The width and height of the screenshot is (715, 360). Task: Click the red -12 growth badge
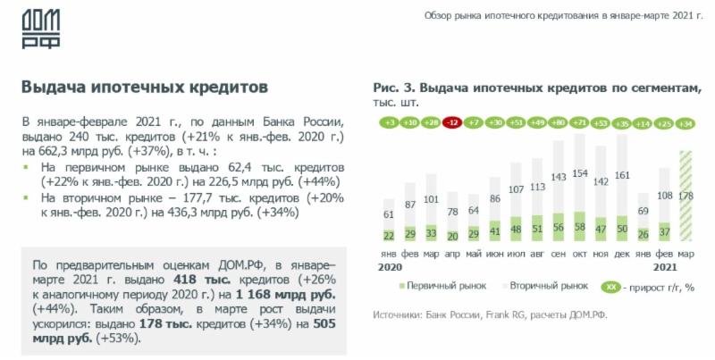coord(453,123)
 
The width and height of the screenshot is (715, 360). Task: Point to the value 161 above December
coord(624,175)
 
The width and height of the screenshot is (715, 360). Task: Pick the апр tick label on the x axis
coord(453,252)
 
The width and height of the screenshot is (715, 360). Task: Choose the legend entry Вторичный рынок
coord(548,287)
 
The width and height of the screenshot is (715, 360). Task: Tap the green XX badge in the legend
coord(610,287)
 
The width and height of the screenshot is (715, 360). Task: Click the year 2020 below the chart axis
coord(388,266)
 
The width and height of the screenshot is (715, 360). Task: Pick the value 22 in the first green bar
coord(389,236)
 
